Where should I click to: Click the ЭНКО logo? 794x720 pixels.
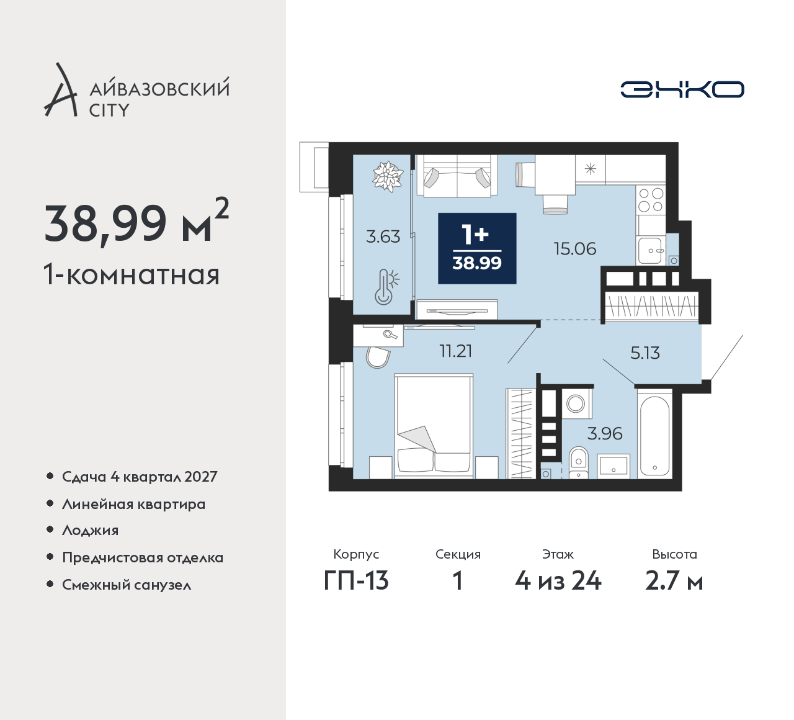coord(682,89)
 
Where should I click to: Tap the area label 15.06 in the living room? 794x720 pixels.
coord(575,249)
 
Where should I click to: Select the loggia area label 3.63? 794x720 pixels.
coord(383,236)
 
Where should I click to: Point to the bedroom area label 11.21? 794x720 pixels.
coord(456,351)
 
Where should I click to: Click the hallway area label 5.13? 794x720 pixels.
coord(645,353)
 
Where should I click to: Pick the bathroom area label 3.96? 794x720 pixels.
coord(605,434)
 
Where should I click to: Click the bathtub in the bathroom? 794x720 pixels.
coord(654,434)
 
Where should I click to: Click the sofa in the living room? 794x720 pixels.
coord(457,176)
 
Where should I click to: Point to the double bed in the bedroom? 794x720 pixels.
coord(434,426)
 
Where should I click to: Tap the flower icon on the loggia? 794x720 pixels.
coord(388,177)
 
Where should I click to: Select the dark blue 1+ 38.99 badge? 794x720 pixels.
coord(477,248)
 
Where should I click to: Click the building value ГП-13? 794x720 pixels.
coord(356,581)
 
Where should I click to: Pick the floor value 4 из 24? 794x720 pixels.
coord(558,581)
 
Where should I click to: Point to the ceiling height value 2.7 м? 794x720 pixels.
coord(674,581)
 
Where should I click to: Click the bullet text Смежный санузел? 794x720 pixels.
coord(127,585)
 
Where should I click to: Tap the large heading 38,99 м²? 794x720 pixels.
coord(136,223)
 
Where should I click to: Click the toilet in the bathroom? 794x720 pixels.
coord(579,462)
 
